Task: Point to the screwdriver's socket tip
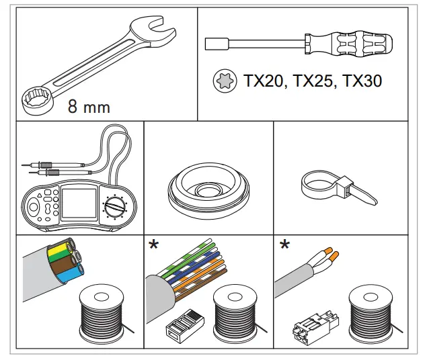[213, 44]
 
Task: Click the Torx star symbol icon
[223, 82]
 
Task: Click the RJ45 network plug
[184, 326]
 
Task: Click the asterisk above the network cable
[154, 244]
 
